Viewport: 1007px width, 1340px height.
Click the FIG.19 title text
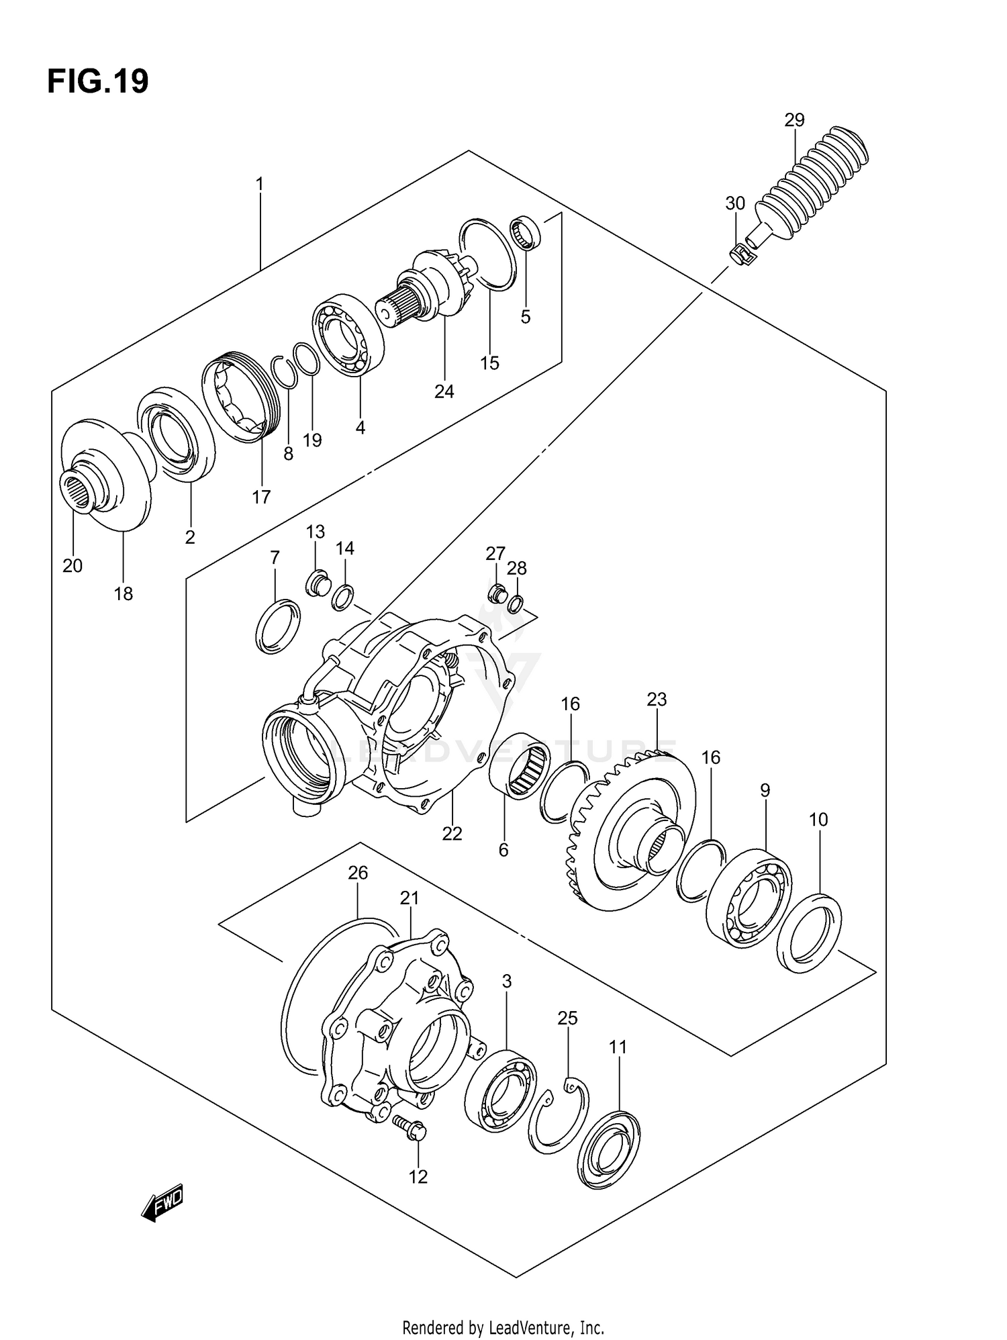(x=98, y=82)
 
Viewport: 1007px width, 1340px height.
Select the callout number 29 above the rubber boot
(x=794, y=120)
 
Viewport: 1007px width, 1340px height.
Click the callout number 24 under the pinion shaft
(x=444, y=391)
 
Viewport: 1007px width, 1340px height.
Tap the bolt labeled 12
(x=407, y=1130)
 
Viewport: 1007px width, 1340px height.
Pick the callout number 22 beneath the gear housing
(x=452, y=833)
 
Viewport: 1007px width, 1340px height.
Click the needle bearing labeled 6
(x=520, y=767)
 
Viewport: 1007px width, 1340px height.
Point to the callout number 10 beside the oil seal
(x=818, y=819)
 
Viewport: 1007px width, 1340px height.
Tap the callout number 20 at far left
(x=73, y=566)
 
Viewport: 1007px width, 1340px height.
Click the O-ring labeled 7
(x=277, y=626)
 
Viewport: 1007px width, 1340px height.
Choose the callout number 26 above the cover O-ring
(x=358, y=873)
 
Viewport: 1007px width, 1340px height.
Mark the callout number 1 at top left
(x=259, y=184)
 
